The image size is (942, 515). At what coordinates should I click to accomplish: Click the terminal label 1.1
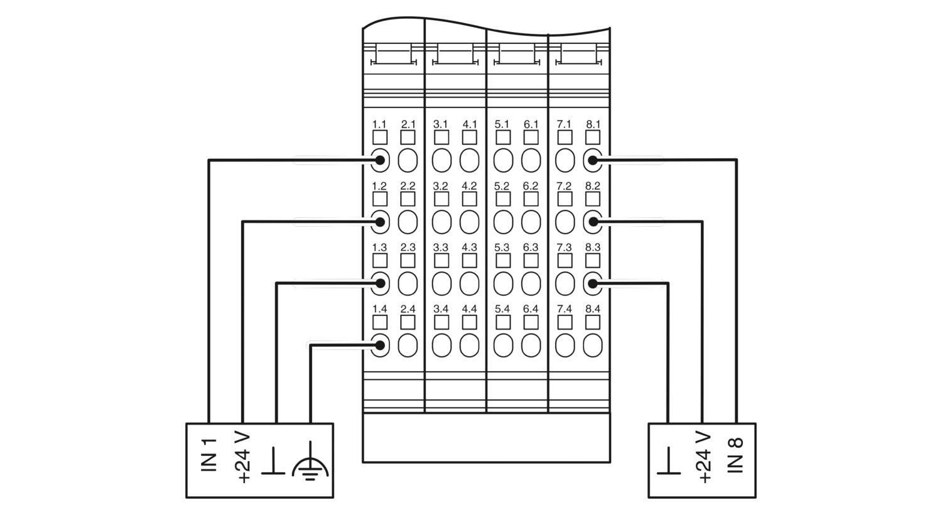coord(379,124)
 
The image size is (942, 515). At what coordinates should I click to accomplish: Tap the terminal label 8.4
coord(593,309)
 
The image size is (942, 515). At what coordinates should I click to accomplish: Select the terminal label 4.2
coord(469,186)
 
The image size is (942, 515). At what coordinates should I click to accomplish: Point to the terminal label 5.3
coord(502,247)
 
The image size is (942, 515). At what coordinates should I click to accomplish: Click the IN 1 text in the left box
coord(209,455)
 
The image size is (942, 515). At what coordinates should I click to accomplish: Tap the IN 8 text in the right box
coord(735,455)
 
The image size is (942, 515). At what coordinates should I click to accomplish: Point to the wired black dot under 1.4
coord(380,345)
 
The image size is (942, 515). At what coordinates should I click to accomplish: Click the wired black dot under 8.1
coord(593,160)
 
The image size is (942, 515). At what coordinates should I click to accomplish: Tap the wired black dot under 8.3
coord(593,284)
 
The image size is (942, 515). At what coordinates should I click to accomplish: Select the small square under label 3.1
coord(441,138)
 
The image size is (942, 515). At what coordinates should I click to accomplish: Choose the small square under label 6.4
coord(531,322)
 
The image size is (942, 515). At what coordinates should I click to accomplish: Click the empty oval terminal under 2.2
coord(408,222)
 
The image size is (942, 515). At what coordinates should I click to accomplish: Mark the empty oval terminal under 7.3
coord(565,284)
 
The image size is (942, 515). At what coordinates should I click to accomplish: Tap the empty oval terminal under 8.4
coord(593,345)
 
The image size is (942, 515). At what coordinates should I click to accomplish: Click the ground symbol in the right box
coord(669,461)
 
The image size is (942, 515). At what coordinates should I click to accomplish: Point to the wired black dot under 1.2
coord(380,222)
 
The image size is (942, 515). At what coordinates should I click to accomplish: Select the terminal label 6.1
coord(531,124)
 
